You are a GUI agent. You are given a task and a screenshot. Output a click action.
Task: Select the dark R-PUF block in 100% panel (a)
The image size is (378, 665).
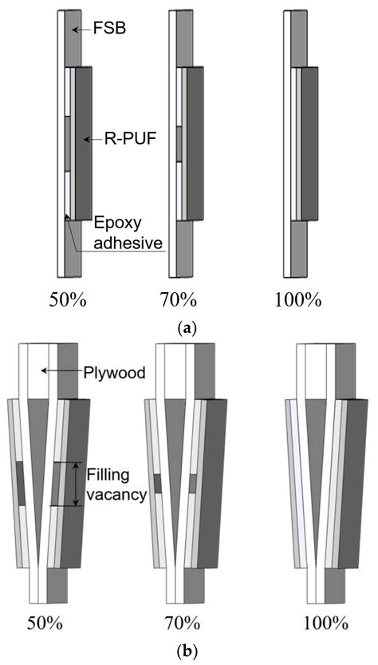[x=309, y=144]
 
